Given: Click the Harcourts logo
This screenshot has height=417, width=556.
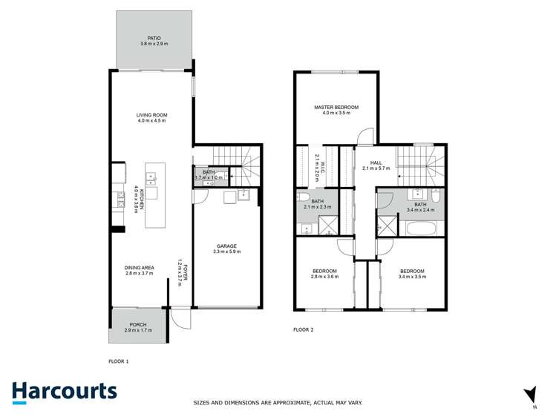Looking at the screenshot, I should pyautogui.click(x=65, y=392).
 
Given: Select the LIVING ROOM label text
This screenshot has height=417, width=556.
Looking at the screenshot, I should pyautogui.click(x=152, y=118).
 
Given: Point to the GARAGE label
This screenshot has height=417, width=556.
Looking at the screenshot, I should pyautogui.click(x=226, y=249).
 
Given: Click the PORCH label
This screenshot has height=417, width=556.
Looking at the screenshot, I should pyautogui.click(x=138, y=326).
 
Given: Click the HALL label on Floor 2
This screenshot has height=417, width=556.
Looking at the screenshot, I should pyautogui.click(x=376, y=165).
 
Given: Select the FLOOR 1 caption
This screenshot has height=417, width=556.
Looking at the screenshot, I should pyautogui.click(x=119, y=361).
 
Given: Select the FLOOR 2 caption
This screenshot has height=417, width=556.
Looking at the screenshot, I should pyautogui.click(x=304, y=329).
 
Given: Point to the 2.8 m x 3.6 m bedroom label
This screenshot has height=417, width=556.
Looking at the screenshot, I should pyautogui.click(x=325, y=273).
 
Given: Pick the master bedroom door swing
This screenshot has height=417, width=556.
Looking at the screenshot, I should pyautogui.click(x=364, y=137).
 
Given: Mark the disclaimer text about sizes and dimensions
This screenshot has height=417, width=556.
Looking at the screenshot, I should pyautogui.click(x=278, y=403).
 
